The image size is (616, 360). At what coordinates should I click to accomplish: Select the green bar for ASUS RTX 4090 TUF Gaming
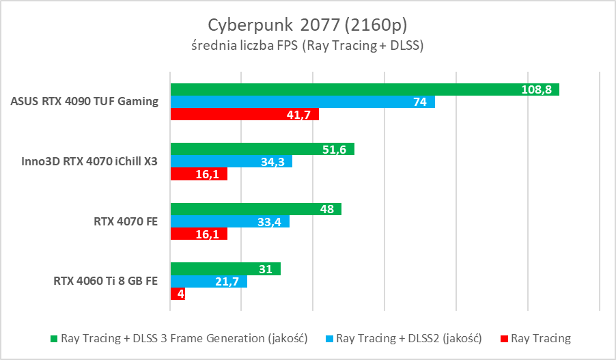[365, 89]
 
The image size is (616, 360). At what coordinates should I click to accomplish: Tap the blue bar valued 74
[303, 102]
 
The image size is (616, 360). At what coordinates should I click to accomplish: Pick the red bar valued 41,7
[244, 115]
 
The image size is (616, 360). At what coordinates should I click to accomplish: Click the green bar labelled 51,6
[262, 149]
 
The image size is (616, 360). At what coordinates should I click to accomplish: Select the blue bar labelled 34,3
[232, 161]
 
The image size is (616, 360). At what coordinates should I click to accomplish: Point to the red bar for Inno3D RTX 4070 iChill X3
[199, 174]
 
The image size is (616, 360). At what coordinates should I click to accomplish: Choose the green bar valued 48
[255, 209]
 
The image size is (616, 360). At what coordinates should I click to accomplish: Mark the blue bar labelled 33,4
[230, 221]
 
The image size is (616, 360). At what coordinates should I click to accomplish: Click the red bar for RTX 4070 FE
[199, 234]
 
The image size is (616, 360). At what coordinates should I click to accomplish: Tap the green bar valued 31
[225, 269]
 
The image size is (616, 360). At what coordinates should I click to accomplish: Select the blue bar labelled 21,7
[208, 281]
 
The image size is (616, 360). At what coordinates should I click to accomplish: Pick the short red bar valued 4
[178, 294]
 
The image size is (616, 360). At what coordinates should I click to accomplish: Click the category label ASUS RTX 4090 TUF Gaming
[85, 102]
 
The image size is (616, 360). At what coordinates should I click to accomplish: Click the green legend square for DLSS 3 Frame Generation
[54, 338]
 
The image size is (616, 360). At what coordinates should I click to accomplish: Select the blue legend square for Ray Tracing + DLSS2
[329, 338]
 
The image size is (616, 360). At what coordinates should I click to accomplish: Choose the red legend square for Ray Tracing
[504, 338]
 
